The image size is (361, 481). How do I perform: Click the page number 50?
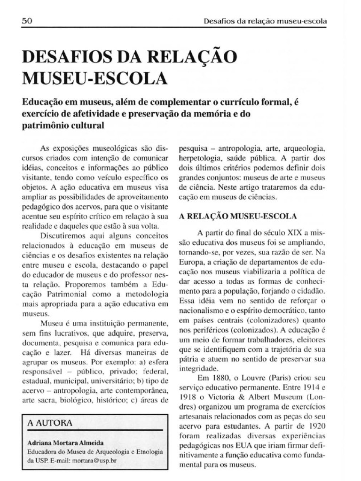point(27,22)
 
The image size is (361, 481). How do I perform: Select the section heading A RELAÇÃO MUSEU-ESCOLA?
point(238,216)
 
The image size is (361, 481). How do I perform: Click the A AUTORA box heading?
point(50,422)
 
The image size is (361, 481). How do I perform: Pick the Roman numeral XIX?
point(292,233)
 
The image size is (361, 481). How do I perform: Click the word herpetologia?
point(199,159)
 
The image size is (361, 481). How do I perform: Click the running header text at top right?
point(267,21)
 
